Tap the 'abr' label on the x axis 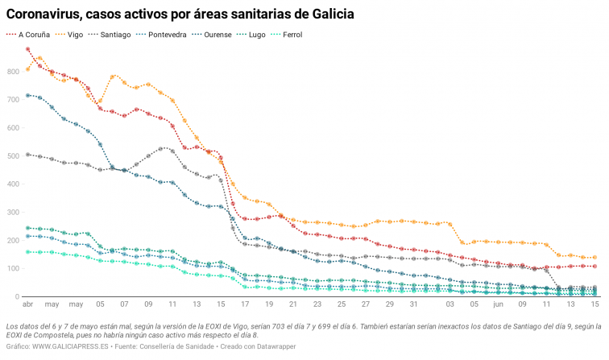27,305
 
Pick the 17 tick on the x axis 245,305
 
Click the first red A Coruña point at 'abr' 28,49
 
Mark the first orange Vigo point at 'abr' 28,69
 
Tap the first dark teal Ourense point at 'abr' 28,96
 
